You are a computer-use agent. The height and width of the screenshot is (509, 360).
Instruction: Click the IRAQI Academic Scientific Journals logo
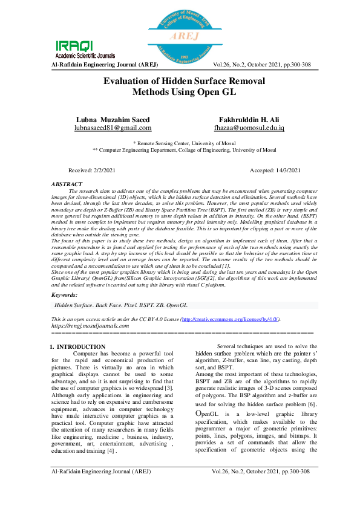tap(75, 48)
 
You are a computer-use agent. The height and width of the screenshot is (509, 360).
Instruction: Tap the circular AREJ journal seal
tap(180, 34)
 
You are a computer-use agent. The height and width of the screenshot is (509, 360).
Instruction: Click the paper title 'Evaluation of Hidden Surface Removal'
tap(180, 82)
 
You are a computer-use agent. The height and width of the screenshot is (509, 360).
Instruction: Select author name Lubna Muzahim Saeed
tap(113, 120)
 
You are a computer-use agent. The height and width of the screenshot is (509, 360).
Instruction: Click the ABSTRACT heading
tap(67, 183)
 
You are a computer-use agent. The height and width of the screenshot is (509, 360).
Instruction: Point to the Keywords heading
tap(65, 295)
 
